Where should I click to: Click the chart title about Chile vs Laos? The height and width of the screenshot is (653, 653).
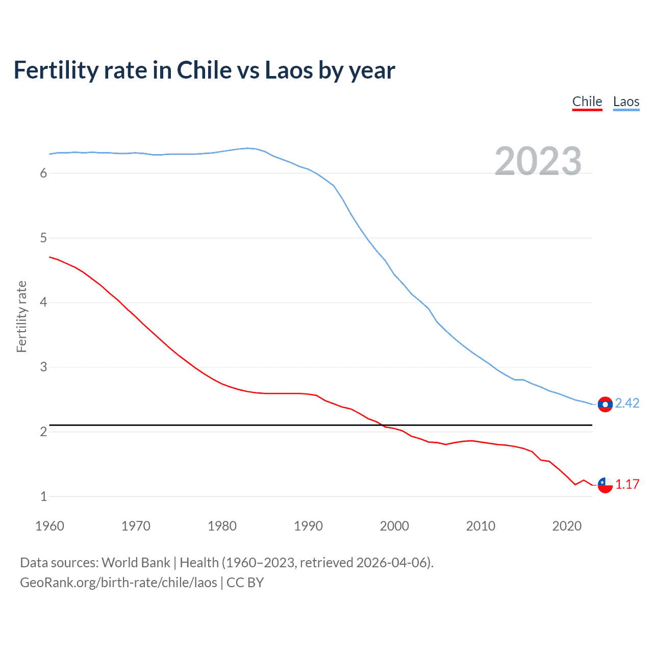tap(204, 70)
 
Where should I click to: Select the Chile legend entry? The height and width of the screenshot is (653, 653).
tap(587, 102)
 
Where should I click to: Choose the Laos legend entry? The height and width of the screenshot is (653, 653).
tap(626, 102)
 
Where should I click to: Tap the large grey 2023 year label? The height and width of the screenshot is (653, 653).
tap(538, 161)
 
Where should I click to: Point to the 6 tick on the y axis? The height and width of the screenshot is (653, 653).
tap(43, 173)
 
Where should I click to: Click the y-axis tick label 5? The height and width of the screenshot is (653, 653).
tap(43, 238)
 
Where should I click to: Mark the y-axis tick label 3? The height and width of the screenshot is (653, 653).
tap(43, 367)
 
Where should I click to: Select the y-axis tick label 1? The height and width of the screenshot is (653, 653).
tap(43, 496)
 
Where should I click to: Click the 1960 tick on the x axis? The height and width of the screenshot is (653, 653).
tap(49, 526)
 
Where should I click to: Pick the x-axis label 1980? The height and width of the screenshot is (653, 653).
tap(222, 526)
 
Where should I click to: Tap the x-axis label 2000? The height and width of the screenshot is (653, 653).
tap(394, 526)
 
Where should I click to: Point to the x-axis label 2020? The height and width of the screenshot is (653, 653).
tap(567, 526)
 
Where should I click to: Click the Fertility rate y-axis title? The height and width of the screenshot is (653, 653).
tap(21, 316)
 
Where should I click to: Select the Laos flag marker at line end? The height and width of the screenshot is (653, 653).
tap(605, 404)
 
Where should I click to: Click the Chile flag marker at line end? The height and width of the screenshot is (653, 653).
tap(605, 485)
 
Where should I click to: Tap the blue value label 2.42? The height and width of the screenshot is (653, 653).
tap(627, 403)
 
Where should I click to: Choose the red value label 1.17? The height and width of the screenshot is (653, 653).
tap(627, 484)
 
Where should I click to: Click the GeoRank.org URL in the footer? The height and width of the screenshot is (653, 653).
tap(118, 583)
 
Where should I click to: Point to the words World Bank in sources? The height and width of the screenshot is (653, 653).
tap(136, 563)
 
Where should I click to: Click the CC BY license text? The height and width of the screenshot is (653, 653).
tap(245, 583)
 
